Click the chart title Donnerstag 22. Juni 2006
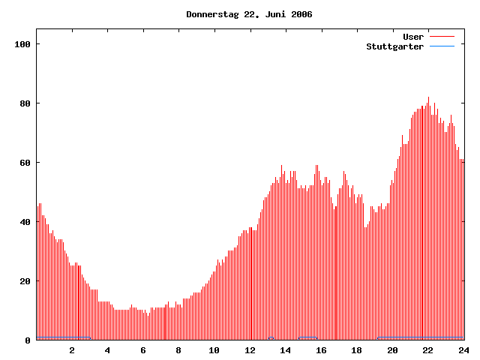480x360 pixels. coord(249,14)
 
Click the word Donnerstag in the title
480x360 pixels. coord(212,14)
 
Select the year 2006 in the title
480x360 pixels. coord(300,14)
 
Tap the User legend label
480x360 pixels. coord(413,37)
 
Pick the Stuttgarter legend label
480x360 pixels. coord(394,46)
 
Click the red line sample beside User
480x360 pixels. coord(442,37)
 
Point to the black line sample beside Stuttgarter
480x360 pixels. coord(442,46)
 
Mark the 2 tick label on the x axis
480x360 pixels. coord(72,350)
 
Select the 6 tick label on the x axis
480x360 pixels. coord(143,350)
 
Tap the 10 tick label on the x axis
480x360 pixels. coord(214,350)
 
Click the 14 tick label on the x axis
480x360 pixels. coord(286,350)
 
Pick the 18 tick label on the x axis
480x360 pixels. coord(357,350)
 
